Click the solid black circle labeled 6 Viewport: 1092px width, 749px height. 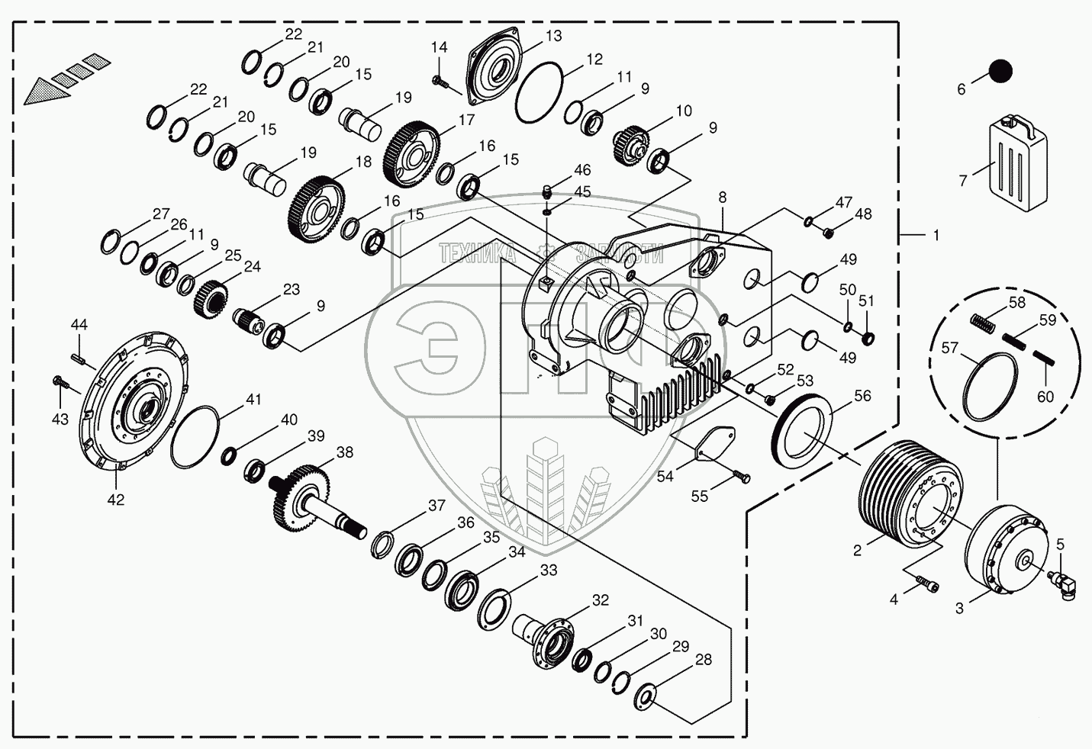pos(1000,71)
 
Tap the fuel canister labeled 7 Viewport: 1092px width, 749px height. pos(1018,162)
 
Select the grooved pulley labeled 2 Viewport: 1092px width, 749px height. pos(907,493)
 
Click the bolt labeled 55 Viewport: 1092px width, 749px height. pos(742,477)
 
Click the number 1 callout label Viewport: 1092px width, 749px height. pos(936,236)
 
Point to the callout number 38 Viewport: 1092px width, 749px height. pos(344,452)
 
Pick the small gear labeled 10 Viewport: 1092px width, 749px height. pos(630,143)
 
